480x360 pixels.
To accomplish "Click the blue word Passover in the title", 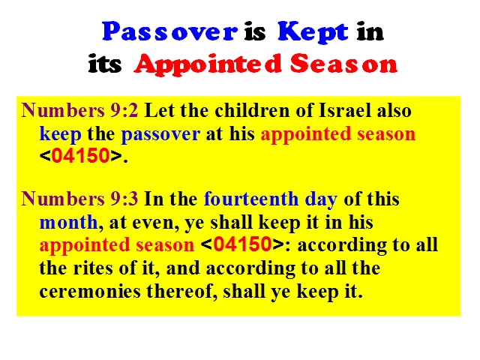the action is [x=170, y=31].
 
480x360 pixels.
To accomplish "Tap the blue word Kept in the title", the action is [x=313, y=32].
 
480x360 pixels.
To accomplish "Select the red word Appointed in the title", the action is [x=208, y=64].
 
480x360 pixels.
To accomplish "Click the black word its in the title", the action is [x=105, y=64].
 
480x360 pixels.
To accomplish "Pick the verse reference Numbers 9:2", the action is [x=79, y=110].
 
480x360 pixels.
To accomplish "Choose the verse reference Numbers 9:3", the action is [x=79, y=199].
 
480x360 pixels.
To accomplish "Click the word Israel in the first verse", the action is [x=345, y=110].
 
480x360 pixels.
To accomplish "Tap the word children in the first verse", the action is [x=252, y=110].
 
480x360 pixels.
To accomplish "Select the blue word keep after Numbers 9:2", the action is [x=60, y=134].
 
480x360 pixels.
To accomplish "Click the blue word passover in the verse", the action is [x=160, y=135].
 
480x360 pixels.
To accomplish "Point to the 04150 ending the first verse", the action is [x=80, y=155].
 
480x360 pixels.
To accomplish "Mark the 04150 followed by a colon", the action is [x=242, y=244].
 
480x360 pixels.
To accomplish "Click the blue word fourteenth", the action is [x=251, y=199].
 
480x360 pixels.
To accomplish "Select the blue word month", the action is [x=68, y=222].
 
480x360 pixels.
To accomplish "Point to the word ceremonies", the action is [x=90, y=291].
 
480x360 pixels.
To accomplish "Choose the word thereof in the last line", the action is [x=183, y=291].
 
